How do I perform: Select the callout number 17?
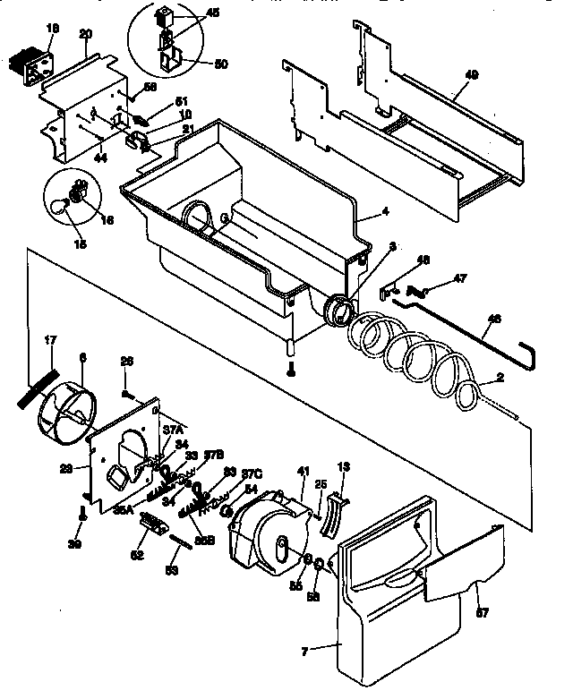(50, 340)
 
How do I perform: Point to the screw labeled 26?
(128, 390)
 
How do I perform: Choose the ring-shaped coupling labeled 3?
(338, 312)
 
